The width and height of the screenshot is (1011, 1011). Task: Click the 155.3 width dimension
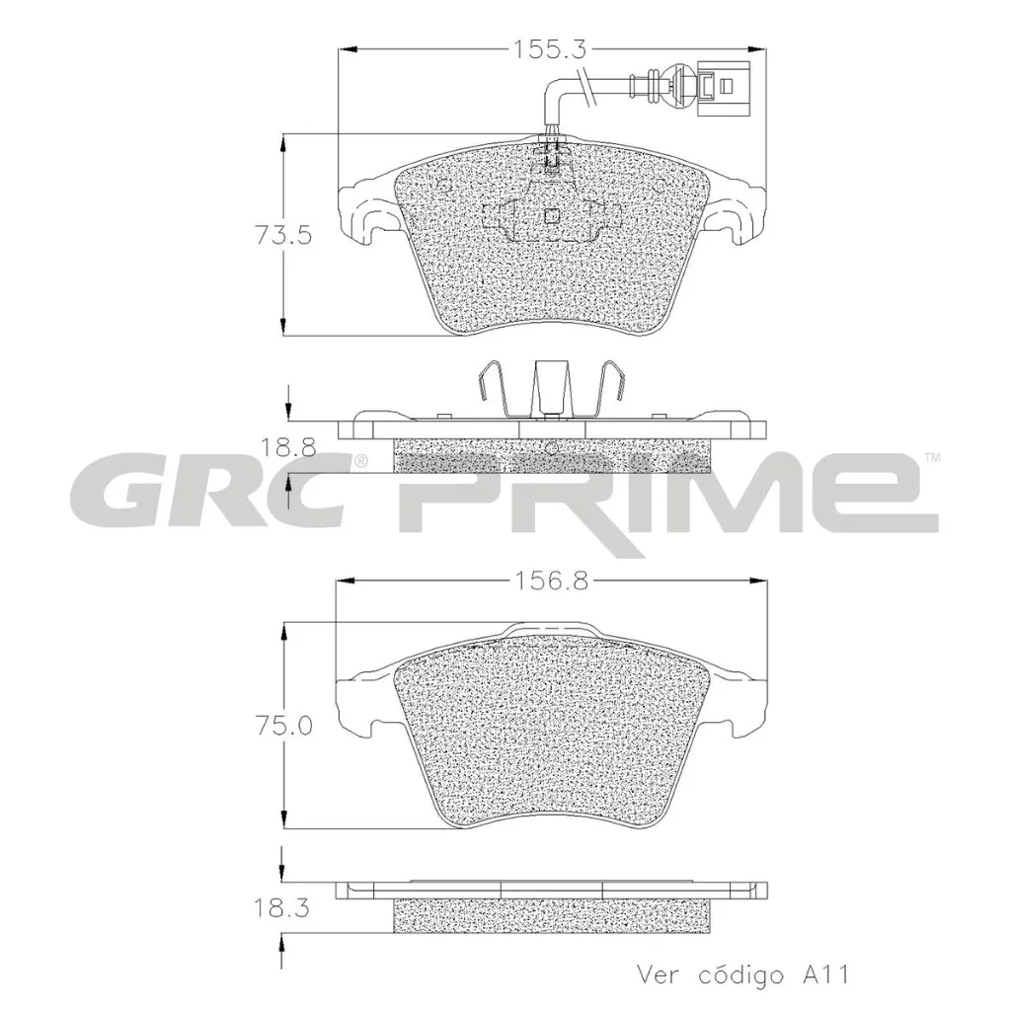click(x=550, y=47)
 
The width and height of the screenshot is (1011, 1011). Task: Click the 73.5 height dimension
click(x=283, y=235)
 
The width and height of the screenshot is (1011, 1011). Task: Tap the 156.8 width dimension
click(x=550, y=582)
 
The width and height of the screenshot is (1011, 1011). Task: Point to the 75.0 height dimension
click(x=283, y=725)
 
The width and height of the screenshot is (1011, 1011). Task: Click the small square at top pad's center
click(x=553, y=214)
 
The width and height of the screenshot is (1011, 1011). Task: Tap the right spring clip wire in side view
click(x=612, y=390)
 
